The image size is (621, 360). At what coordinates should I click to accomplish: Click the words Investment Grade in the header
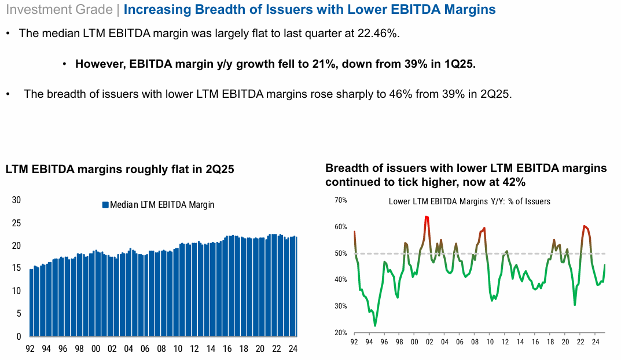[60, 10]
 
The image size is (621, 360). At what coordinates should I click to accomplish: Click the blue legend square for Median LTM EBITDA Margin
[105, 204]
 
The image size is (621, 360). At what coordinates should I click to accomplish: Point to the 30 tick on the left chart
[16, 200]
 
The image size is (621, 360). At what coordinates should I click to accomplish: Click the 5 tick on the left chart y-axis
[19, 314]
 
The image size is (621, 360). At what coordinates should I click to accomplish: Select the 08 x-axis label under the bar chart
[162, 349]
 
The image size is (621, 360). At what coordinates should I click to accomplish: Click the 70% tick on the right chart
[340, 200]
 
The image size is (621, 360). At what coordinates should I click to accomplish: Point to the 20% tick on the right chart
[340, 333]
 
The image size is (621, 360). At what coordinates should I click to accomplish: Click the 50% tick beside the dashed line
[340, 254]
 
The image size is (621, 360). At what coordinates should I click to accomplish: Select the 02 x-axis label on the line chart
[429, 342]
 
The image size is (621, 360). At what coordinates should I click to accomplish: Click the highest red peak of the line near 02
[426, 216]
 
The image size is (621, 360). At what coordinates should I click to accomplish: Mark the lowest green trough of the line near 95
[375, 326]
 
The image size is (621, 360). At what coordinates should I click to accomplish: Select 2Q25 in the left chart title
[216, 170]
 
